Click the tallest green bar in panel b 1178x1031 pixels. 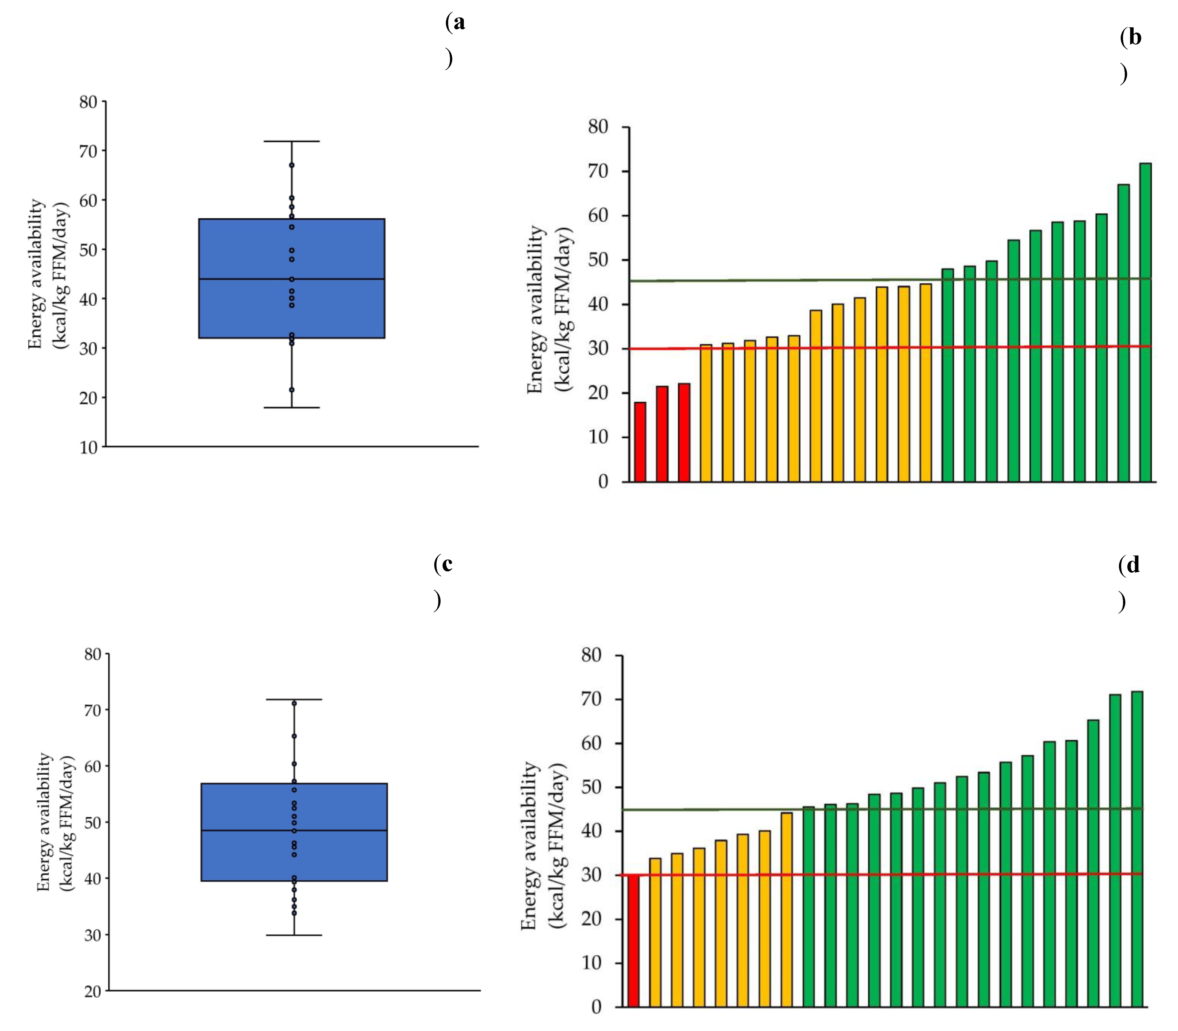pyautogui.click(x=1145, y=322)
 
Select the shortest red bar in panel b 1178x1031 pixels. pyautogui.click(x=640, y=442)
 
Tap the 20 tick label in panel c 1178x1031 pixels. pyautogui.click(x=92, y=991)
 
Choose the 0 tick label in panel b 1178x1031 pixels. pyautogui.click(x=603, y=482)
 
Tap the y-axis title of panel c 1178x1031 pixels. pyautogui.click(x=56, y=822)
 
